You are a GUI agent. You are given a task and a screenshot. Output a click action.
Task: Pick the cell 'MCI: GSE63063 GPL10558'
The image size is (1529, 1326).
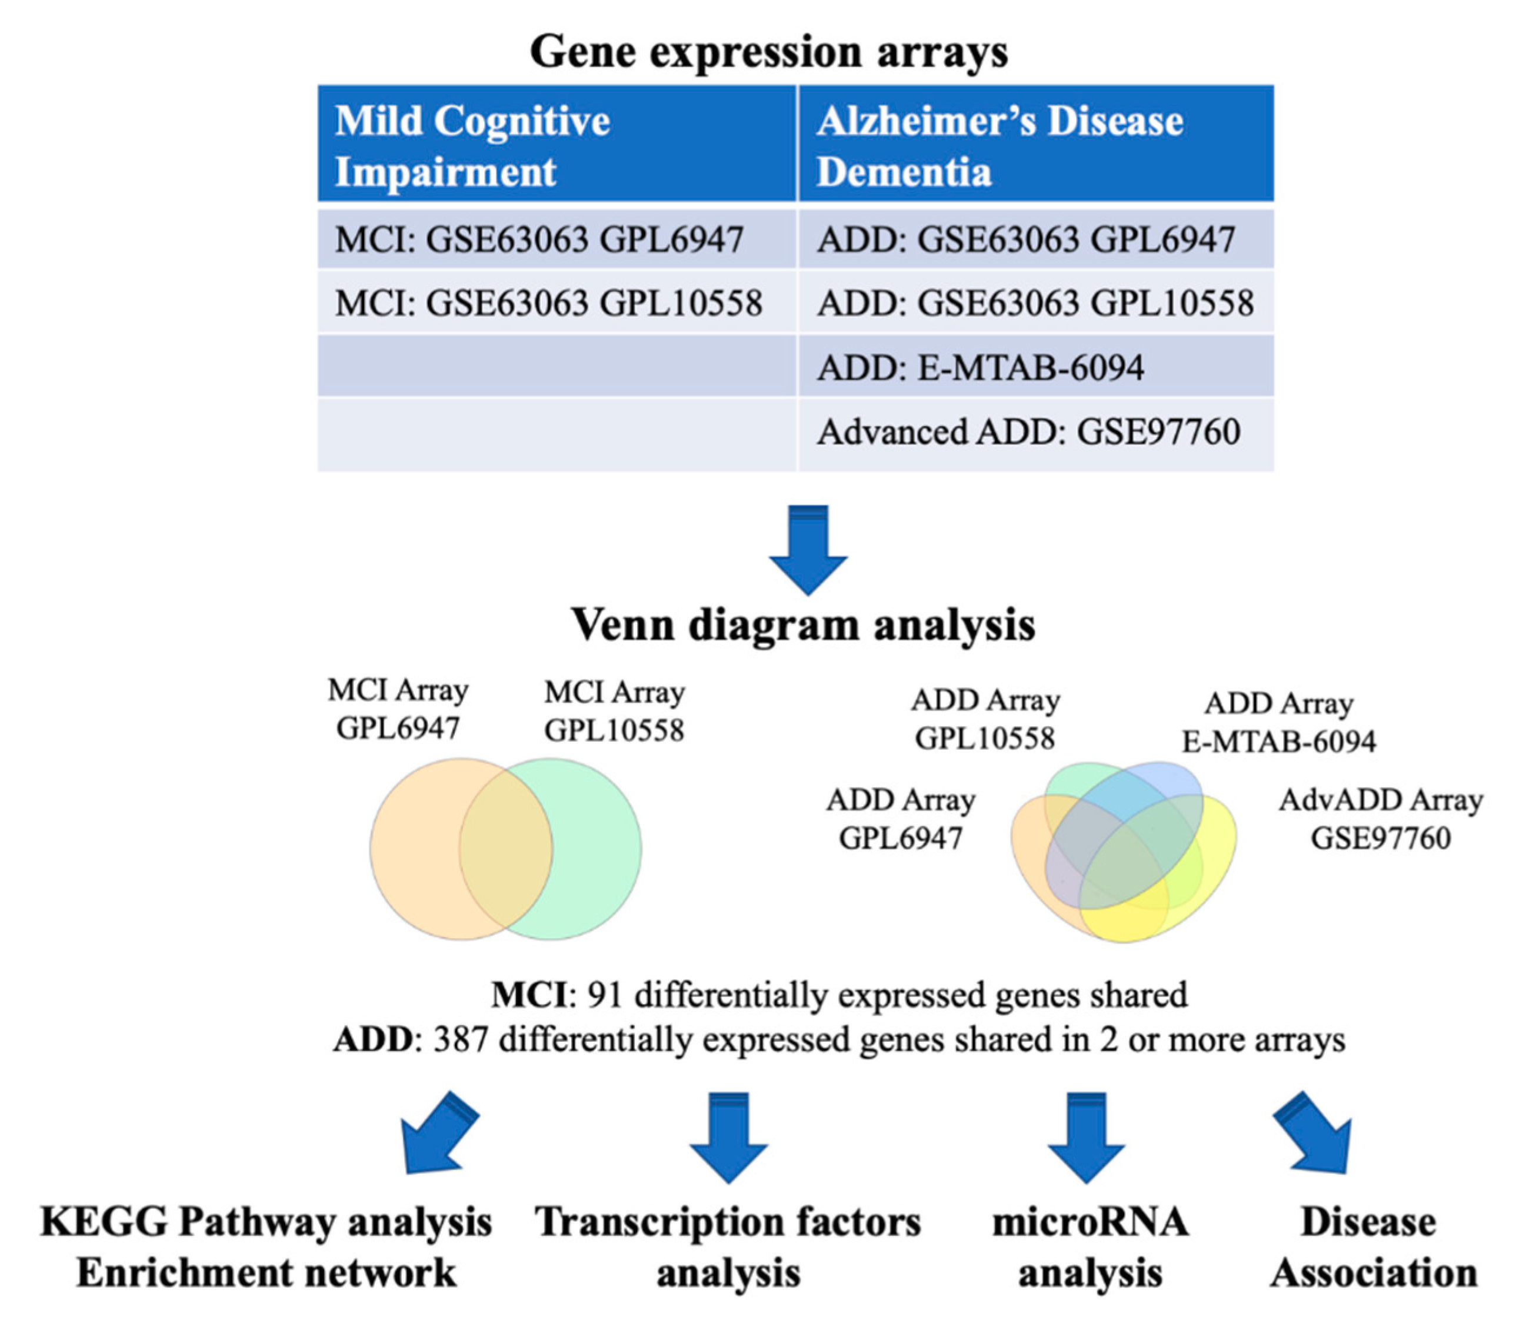(x=548, y=303)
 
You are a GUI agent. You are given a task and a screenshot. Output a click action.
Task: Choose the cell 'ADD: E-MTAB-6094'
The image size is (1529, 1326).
(x=980, y=368)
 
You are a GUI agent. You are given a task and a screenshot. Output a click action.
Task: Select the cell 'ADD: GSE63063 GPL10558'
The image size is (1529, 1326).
(x=1035, y=303)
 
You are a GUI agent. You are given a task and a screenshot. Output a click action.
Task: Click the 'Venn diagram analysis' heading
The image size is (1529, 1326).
(x=802, y=625)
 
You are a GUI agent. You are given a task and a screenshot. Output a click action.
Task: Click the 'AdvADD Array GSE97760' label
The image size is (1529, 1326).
(x=1380, y=819)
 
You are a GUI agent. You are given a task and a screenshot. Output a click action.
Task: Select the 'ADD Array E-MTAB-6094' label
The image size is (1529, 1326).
(x=1278, y=722)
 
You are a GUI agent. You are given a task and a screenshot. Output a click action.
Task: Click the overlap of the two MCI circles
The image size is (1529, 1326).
(x=506, y=849)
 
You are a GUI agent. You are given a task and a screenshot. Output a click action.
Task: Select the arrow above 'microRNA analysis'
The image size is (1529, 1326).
(x=1087, y=1136)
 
